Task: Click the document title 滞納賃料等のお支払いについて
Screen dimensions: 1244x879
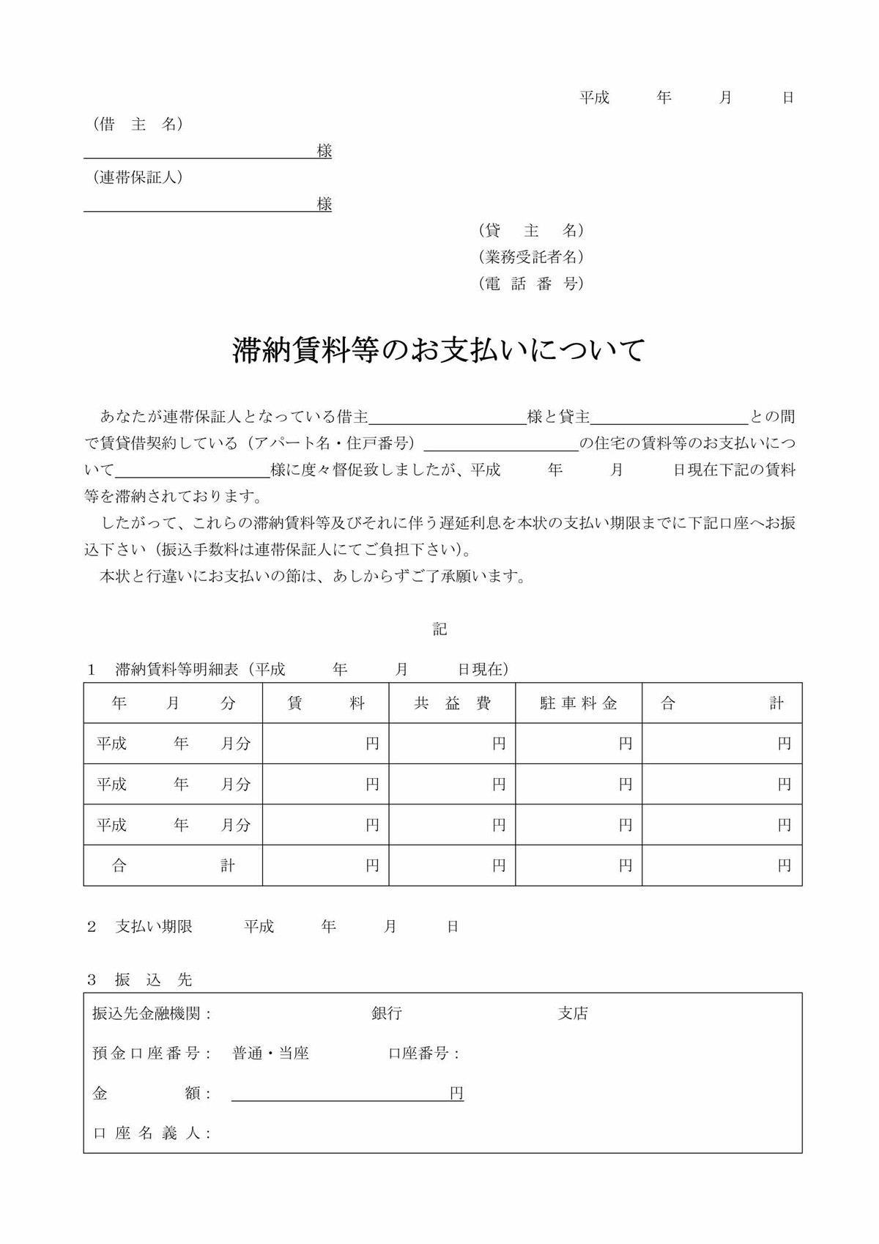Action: point(439,350)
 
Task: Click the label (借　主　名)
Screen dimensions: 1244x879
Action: point(138,125)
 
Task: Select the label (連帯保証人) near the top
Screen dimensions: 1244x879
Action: point(138,177)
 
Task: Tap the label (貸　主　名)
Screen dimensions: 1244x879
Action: point(531,231)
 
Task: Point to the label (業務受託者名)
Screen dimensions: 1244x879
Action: point(531,257)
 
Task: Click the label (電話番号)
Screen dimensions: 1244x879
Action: point(531,284)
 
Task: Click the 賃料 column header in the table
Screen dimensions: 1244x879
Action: point(326,703)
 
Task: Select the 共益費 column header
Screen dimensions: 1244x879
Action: point(452,703)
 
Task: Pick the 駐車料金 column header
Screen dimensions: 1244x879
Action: point(579,703)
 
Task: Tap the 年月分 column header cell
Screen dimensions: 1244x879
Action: point(173,703)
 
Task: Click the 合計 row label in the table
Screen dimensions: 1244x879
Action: point(173,865)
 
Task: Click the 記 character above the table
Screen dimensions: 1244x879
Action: point(439,629)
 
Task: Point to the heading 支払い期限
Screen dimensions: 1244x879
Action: point(154,927)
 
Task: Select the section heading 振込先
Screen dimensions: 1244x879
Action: point(153,980)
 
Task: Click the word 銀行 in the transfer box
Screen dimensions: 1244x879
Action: point(387,1013)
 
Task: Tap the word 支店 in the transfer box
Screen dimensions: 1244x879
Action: point(573,1013)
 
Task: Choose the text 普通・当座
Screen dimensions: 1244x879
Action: point(270,1054)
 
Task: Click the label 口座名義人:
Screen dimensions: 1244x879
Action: point(152,1133)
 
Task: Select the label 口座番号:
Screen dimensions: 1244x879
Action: point(424,1054)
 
